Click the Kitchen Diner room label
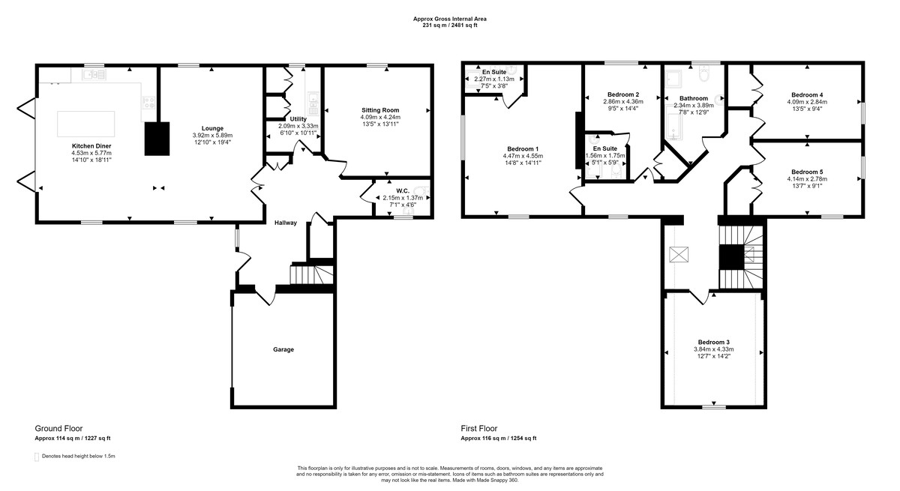91,146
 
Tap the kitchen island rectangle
86,124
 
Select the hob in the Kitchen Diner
148,103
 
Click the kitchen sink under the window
94,74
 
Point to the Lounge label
212,128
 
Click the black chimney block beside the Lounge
157,139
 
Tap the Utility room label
298,119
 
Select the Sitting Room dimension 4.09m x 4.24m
380,117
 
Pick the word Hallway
286,223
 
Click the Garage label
283,349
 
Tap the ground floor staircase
312,274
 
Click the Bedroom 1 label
523,149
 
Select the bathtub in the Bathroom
673,122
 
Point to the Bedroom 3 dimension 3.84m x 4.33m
713,349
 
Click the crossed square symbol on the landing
679,255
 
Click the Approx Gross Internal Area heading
449,19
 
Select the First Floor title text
479,428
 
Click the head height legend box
37,457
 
